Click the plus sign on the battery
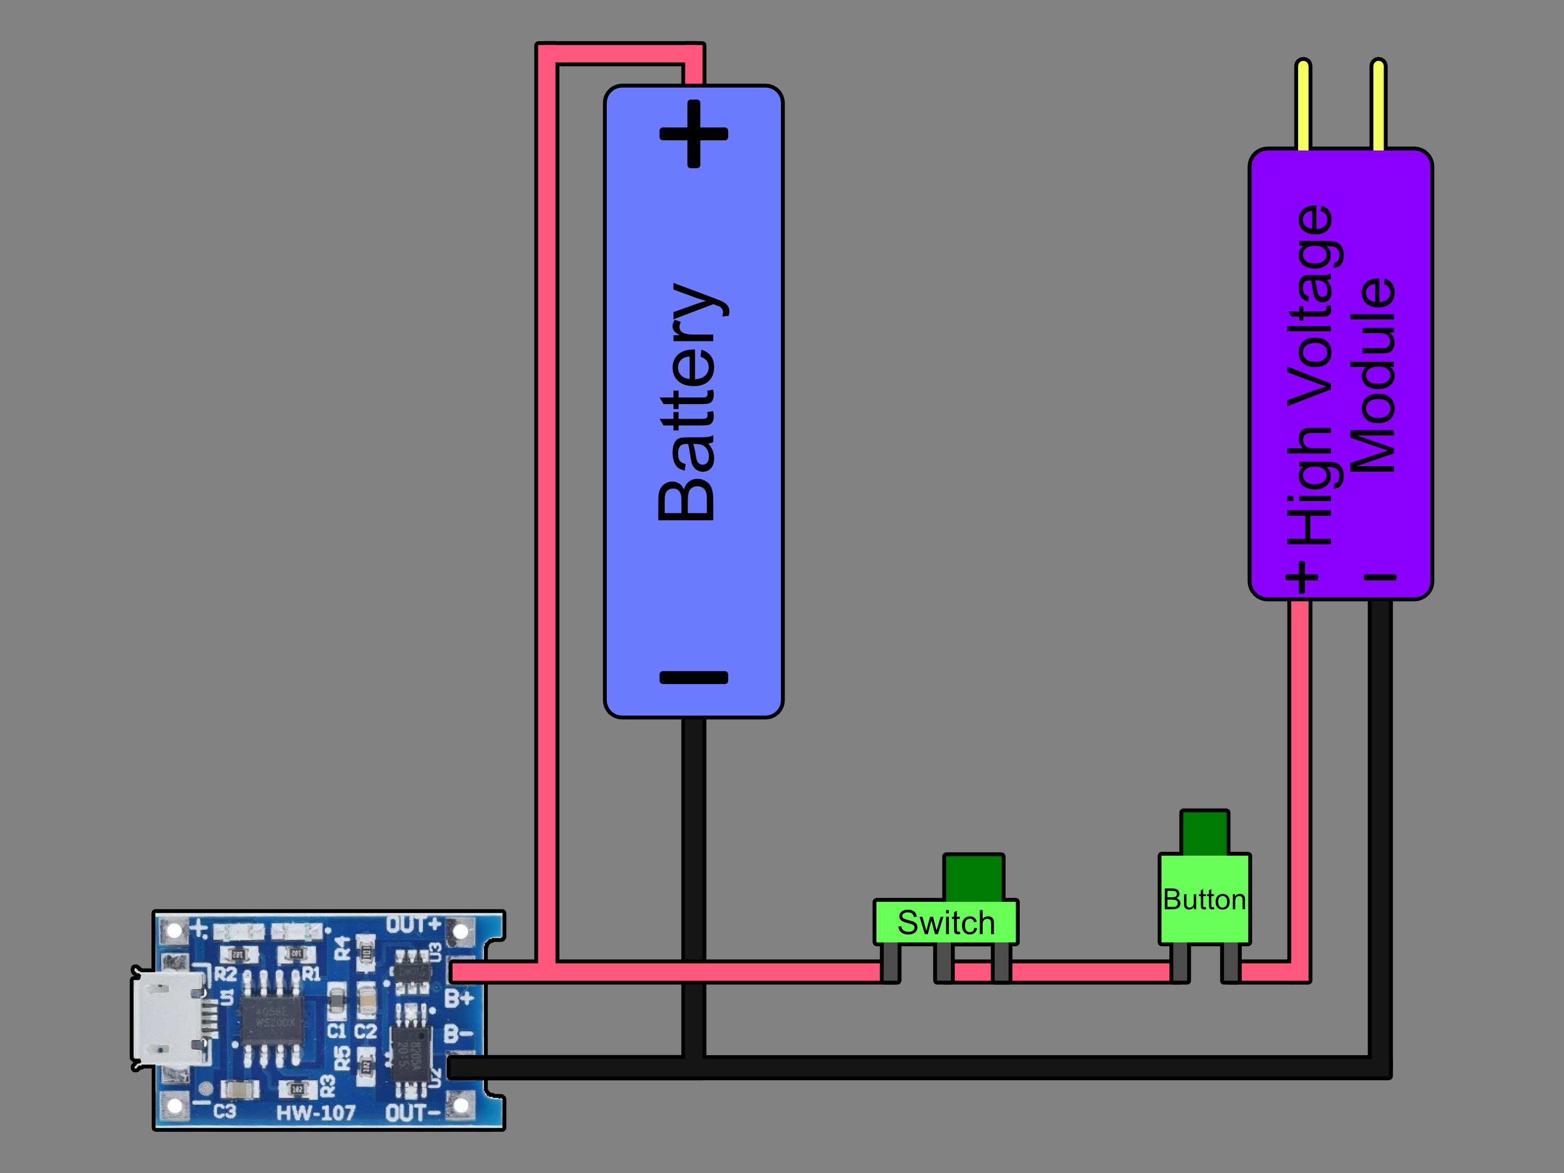(693, 133)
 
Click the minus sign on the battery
(693, 677)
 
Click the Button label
(1204, 899)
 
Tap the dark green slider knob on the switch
(974, 877)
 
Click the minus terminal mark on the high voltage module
(1379, 578)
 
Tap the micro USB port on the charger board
(169, 1018)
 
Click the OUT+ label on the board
(413, 925)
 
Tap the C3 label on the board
(224, 1111)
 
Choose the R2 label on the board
(225, 974)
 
